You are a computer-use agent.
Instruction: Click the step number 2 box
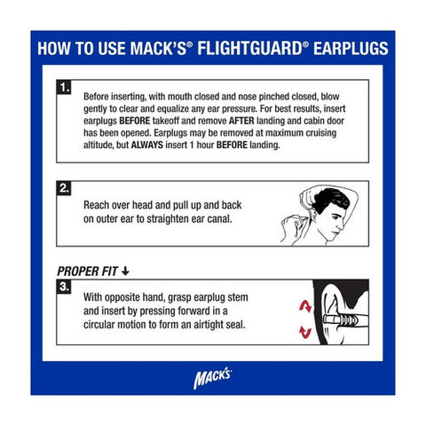63,189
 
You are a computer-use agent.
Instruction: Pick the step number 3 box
63,286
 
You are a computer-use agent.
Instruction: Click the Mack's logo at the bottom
213,376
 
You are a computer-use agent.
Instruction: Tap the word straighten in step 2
178,220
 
